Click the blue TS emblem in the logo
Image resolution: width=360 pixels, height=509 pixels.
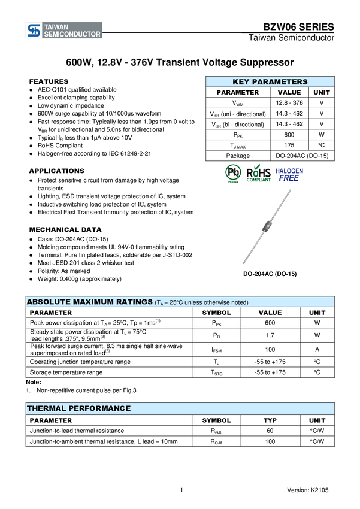(x=35, y=31)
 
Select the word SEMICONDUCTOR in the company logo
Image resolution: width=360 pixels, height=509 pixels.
(x=72, y=35)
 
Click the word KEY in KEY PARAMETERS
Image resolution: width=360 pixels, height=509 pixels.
(x=241, y=82)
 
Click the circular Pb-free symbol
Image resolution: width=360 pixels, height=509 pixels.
(x=233, y=174)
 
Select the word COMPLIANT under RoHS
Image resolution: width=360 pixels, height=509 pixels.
(x=258, y=180)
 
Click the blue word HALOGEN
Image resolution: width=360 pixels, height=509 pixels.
(x=290, y=171)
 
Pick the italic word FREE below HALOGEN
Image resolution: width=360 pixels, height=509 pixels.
(x=289, y=178)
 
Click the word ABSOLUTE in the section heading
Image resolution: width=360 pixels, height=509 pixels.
(x=49, y=302)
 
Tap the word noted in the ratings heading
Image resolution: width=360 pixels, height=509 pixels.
(x=239, y=303)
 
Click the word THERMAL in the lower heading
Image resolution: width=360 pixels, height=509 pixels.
(x=45, y=408)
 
